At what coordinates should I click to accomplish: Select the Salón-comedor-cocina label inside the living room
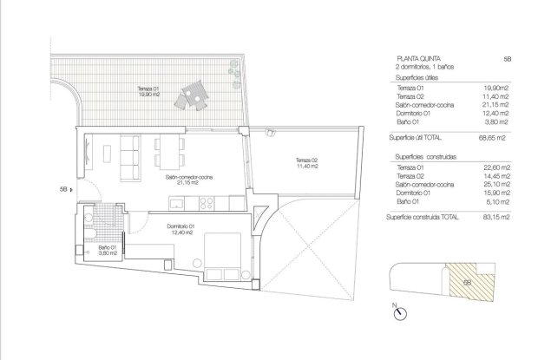coord(188,179)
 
